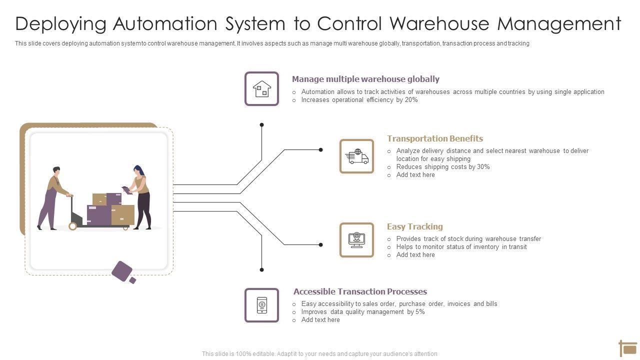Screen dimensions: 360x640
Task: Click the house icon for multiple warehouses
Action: tap(261, 89)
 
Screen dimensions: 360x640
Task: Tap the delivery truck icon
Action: tap(356, 156)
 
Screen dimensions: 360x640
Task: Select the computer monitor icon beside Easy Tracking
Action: tap(356, 240)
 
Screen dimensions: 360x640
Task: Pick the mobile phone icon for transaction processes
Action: tap(261, 305)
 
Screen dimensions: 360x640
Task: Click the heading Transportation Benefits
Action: tap(435, 138)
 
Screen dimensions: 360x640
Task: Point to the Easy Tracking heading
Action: tap(415, 226)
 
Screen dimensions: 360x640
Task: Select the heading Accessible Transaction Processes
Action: tap(360, 291)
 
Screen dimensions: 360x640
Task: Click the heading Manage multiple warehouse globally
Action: tap(365, 79)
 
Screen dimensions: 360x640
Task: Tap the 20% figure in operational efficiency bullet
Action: tap(411, 100)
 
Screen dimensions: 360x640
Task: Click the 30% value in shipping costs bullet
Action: tap(483, 167)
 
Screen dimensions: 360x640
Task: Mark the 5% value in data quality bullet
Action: tap(420, 312)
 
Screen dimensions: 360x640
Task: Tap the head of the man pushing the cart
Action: tap(56, 171)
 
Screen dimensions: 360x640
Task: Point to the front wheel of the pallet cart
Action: tap(73, 226)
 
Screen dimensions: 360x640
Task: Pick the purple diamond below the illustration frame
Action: tap(122, 271)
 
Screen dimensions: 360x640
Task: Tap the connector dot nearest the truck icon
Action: tap(321, 149)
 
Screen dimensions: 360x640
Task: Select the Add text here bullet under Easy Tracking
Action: tap(415, 255)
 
